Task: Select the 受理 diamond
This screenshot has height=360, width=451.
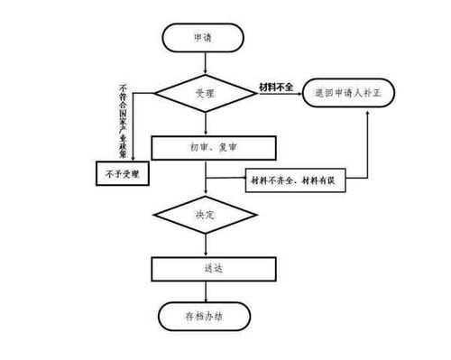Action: (x=207, y=92)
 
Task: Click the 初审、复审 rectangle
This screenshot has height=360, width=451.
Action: (x=207, y=148)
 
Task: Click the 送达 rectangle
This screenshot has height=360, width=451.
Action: (x=207, y=269)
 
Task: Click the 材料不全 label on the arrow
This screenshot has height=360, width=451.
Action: (x=277, y=86)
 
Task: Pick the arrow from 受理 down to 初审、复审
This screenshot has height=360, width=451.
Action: (x=207, y=122)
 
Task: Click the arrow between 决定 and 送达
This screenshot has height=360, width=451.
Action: (x=207, y=245)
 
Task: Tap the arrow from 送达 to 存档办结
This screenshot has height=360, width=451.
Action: (x=207, y=292)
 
